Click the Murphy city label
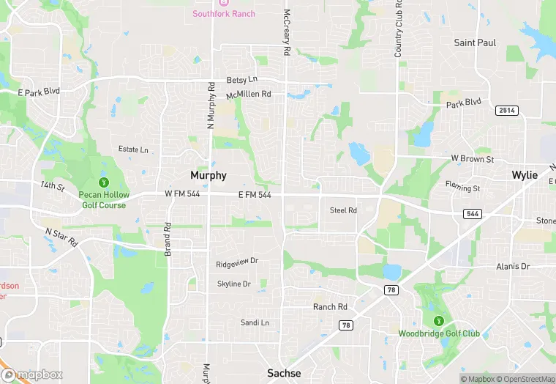[x=209, y=176]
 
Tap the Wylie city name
[x=524, y=176]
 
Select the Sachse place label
[x=283, y=373]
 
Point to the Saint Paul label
[x=475, y=43]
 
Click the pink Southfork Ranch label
[x=224, y=14]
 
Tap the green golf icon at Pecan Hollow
[x=104, y=182]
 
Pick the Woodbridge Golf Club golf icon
[x=438, y=320]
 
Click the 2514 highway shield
[x=506, y=110]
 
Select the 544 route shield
[x=472, y=213]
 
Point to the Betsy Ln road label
[x=241, y=79]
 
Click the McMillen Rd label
[x=248, y=95]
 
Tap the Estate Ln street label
[x=133, y=149]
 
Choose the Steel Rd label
[x=343, y=210]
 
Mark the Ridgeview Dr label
[x=237, y=263]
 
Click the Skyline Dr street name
[x=234, y=284]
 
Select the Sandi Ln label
[x=255, y=322]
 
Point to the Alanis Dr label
[x=512, y=266]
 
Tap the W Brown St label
[x=473, y=159]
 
